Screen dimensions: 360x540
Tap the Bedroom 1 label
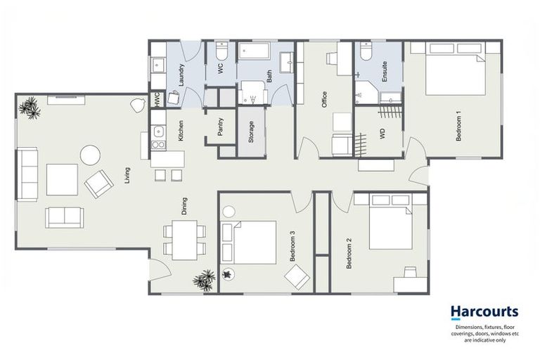pyautogui.click(x=458, y=127)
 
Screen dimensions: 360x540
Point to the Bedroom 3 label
pyautogui.click(x=292, y=246)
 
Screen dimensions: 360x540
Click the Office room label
pyautogui.click(x=325, y=99)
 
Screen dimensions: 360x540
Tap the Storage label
pyautogui.click(x=252, y=132)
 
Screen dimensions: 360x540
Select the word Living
pyautogui.click(x=127, y=174)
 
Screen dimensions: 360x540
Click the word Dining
pyautogui.click(x=184, y=205)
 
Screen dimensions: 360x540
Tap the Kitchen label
pyautogui.click(x=181, y=131)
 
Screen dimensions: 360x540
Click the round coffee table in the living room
pyautogui.click(x=89, y=155)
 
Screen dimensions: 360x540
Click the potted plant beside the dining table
pyautogui.click(x=203, y=281)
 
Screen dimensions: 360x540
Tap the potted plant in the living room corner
pyautogui.click(x=29, y=107)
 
